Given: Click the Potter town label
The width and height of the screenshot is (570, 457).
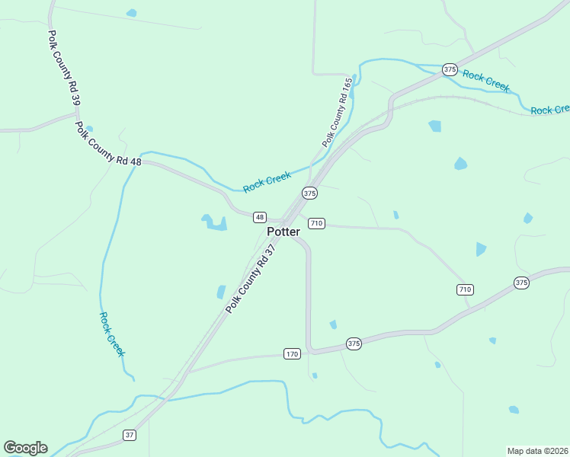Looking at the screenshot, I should pyautogui.click(x=283, y=232).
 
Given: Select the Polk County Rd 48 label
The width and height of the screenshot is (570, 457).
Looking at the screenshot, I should pyautogui.click(x=108, y=142).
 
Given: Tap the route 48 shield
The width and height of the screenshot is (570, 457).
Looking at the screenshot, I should pyautogui.click(x=260, y=217).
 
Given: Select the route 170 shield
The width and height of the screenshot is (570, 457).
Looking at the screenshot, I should pyautogui.click(x=292, y=353).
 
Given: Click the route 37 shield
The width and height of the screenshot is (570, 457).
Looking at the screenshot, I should pyautogui.click(x=130, y=435).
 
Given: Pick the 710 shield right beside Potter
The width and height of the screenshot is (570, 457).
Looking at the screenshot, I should pyautogui.click(x=316, y=223).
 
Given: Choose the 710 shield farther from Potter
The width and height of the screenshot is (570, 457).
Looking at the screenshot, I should pyautogui.click(x=465, y=289).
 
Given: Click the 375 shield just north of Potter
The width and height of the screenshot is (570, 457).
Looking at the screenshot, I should pyautogui.click(x=309, y=193).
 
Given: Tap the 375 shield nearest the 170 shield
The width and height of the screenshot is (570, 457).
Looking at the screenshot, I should pyautogui.click(x=354, y=344).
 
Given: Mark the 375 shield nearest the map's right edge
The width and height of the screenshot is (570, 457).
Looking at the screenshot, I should pyautogui.click(x=521, y=283).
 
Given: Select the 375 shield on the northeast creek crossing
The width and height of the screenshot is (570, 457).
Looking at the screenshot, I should pyautogui.click(x=450, y=69).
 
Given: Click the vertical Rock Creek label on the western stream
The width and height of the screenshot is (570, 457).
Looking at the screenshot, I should pyautogui.click(x=111, y=334).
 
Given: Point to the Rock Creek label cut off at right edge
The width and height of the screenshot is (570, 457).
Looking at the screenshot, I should pyautogui.click(x=549, y=110).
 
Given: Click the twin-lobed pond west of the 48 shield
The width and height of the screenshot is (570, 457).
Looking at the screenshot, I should pyautogui.click(x=214, y=222).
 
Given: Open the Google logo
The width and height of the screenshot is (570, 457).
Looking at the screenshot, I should pyautogui.click(x=25, y=448).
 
